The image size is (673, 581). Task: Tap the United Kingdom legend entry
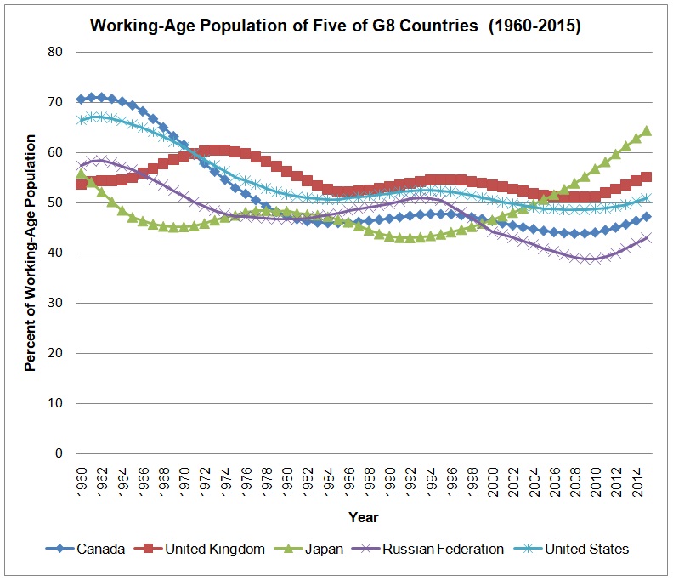pos(214,549)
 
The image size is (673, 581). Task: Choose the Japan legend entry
pos(326,549)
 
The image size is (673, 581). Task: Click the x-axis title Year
pos(363,516)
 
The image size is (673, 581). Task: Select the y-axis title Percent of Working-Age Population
pos(31,253)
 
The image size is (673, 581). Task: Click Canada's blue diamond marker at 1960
pos(82,99)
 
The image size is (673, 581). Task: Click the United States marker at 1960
pos(82,120)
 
